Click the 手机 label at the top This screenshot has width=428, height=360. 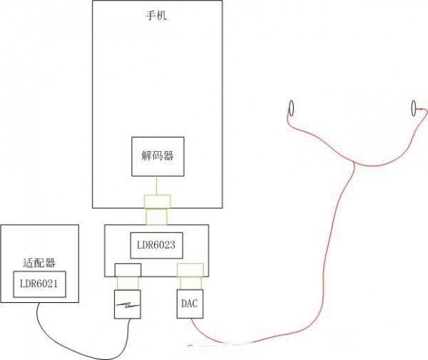(x=156, y=15)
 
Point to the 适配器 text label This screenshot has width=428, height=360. (x=39, y=262)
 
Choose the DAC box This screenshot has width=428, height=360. (x=189, y=304)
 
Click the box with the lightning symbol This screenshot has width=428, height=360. (x=128, y=304)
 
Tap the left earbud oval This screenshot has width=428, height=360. (x=291, y=108)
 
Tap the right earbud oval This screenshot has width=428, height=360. (x=414, y=108)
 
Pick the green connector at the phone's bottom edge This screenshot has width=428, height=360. (x=157, y=200)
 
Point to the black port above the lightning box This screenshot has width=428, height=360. (x=128, y=269)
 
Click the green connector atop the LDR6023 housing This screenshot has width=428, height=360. (x=157, y=216)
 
